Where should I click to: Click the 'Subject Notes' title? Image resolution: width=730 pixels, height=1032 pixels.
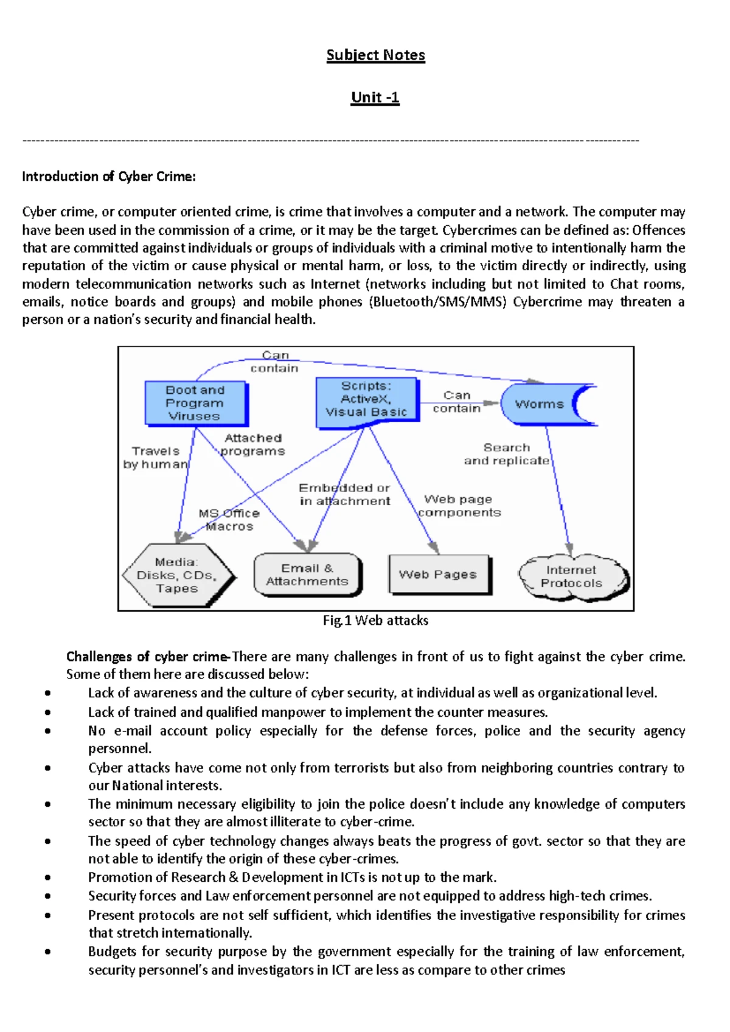(375, 55)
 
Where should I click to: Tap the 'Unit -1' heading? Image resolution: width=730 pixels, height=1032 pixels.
(375, 97)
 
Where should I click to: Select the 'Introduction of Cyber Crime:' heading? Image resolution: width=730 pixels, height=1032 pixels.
(109, 176)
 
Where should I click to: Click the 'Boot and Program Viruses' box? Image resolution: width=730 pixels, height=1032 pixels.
(195, 403)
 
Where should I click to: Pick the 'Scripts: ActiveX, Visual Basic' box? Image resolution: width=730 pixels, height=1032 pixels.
(366, 400)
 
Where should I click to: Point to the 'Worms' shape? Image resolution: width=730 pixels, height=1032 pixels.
(540, 404)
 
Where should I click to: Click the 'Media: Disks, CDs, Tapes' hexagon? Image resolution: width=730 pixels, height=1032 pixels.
(177, 575)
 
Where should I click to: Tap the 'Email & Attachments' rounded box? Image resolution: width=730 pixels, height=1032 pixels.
(307, 574)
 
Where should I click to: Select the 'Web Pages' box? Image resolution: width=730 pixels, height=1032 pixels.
(438, 574)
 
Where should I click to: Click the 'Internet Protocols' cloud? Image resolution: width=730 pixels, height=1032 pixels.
(571, 576)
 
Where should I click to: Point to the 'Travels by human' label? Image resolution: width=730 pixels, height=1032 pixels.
(156, 458)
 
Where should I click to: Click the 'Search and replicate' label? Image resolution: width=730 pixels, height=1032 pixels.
(507, 454)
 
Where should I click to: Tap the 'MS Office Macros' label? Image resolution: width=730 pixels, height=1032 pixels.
(229, 520)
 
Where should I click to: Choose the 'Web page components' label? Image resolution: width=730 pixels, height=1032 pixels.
(459, 506)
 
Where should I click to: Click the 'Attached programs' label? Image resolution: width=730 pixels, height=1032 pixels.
(253, 444)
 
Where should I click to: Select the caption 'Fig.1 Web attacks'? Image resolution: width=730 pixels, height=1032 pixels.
(375, 620)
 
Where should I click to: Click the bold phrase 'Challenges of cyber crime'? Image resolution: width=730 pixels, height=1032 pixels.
(147, 657)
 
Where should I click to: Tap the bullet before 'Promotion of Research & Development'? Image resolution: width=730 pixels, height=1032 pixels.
(47, 877)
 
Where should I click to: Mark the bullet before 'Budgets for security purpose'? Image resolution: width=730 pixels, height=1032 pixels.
(47, 952)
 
